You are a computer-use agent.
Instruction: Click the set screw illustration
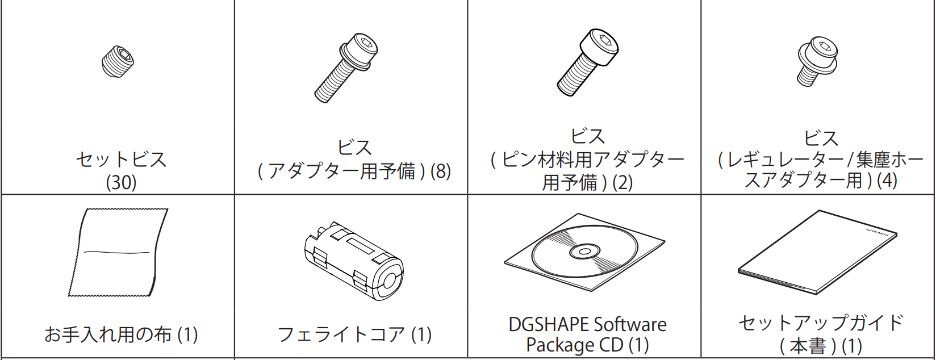(x=118, y=61)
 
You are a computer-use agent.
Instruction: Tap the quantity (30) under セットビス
(x=121, y=182)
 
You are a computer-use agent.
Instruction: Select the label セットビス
(x=121, y=160)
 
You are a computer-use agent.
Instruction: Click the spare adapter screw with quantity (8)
(x=346, y=68)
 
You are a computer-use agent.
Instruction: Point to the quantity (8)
(x=441, y=171)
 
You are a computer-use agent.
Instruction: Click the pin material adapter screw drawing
(x=588, y=62)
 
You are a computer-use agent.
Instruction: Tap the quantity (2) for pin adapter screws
(x=622, y=182)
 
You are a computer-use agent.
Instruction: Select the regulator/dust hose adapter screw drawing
(x=817, y=61)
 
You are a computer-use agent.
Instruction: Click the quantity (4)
(x=887, y=181)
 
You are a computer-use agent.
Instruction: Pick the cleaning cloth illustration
(x=118, y=252)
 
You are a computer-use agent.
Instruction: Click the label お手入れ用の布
(x=108, y=334)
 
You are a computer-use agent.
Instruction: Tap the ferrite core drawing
(x=353, y=261)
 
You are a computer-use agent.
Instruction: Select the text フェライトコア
(x=341, y=334)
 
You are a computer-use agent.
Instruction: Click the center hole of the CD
(x=584, y=252)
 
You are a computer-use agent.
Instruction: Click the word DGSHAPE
(x=548, y=324)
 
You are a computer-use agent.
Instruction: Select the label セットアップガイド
(x=821, y=323)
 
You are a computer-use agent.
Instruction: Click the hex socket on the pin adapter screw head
(x=599, y=40)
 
